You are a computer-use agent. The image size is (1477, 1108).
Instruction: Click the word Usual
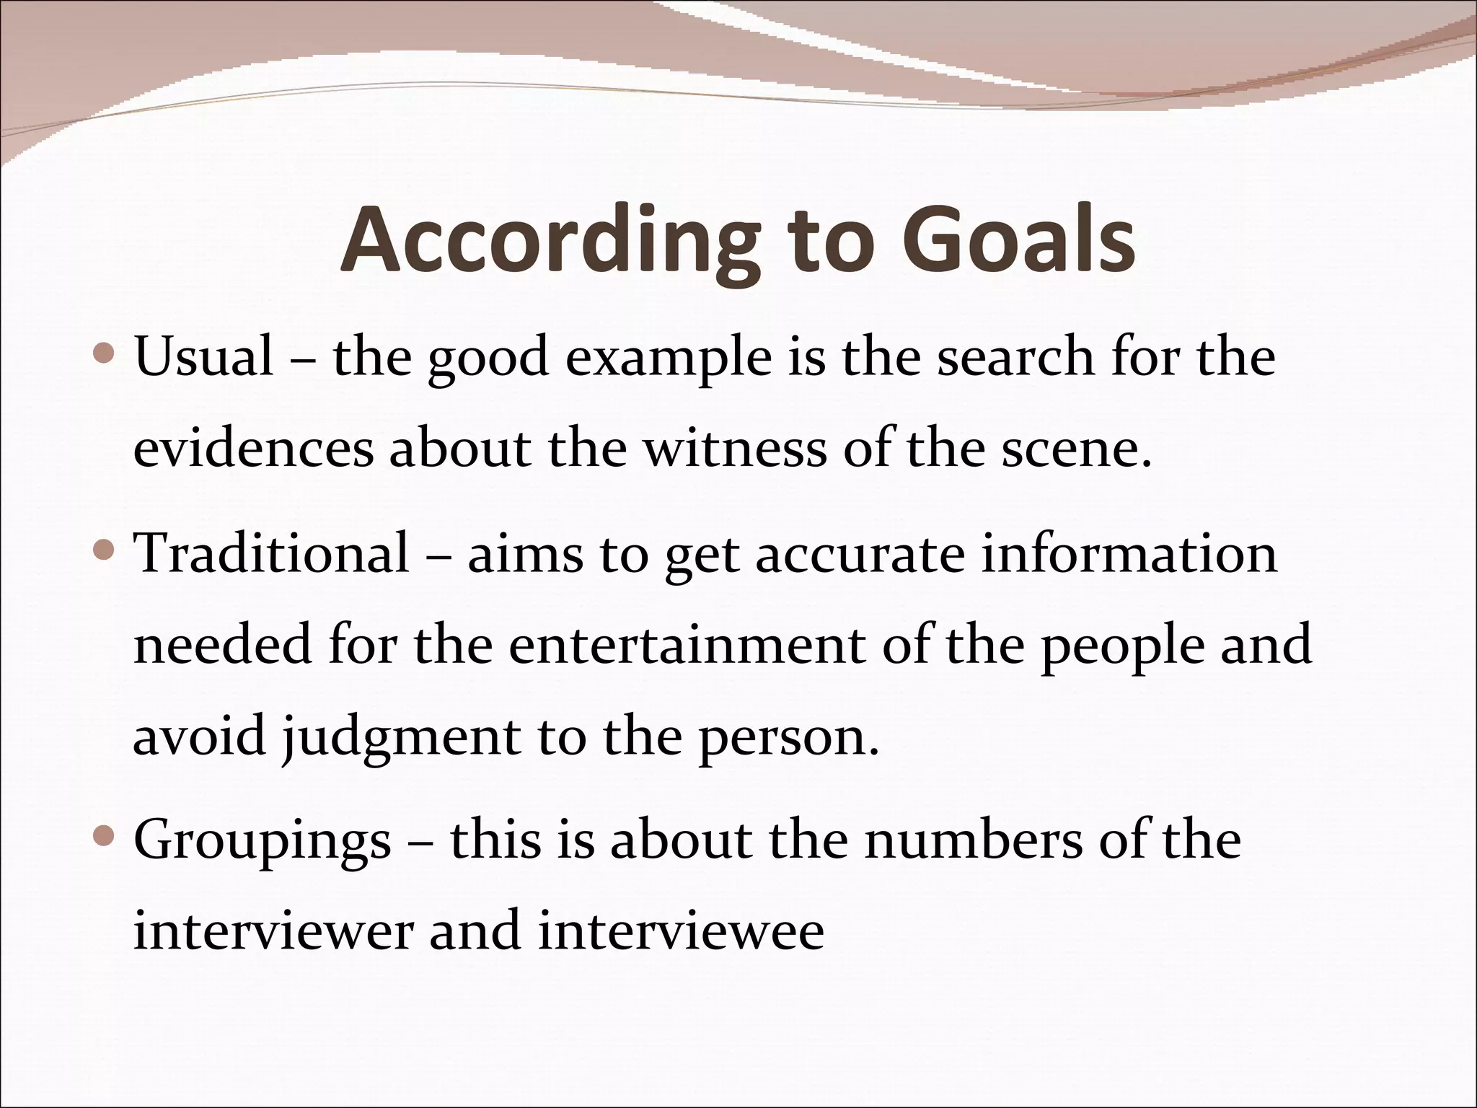click(x=204, y=357)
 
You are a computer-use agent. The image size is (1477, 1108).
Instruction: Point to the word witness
click(x=735, y=449)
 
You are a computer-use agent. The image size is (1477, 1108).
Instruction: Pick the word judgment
click(x=400, y=739)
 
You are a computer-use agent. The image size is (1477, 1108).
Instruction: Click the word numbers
click(x=974, y=841)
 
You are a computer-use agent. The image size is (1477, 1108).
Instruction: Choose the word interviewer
click(x=273, y=931)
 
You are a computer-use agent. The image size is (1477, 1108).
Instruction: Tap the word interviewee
click(x=681, y=931)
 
